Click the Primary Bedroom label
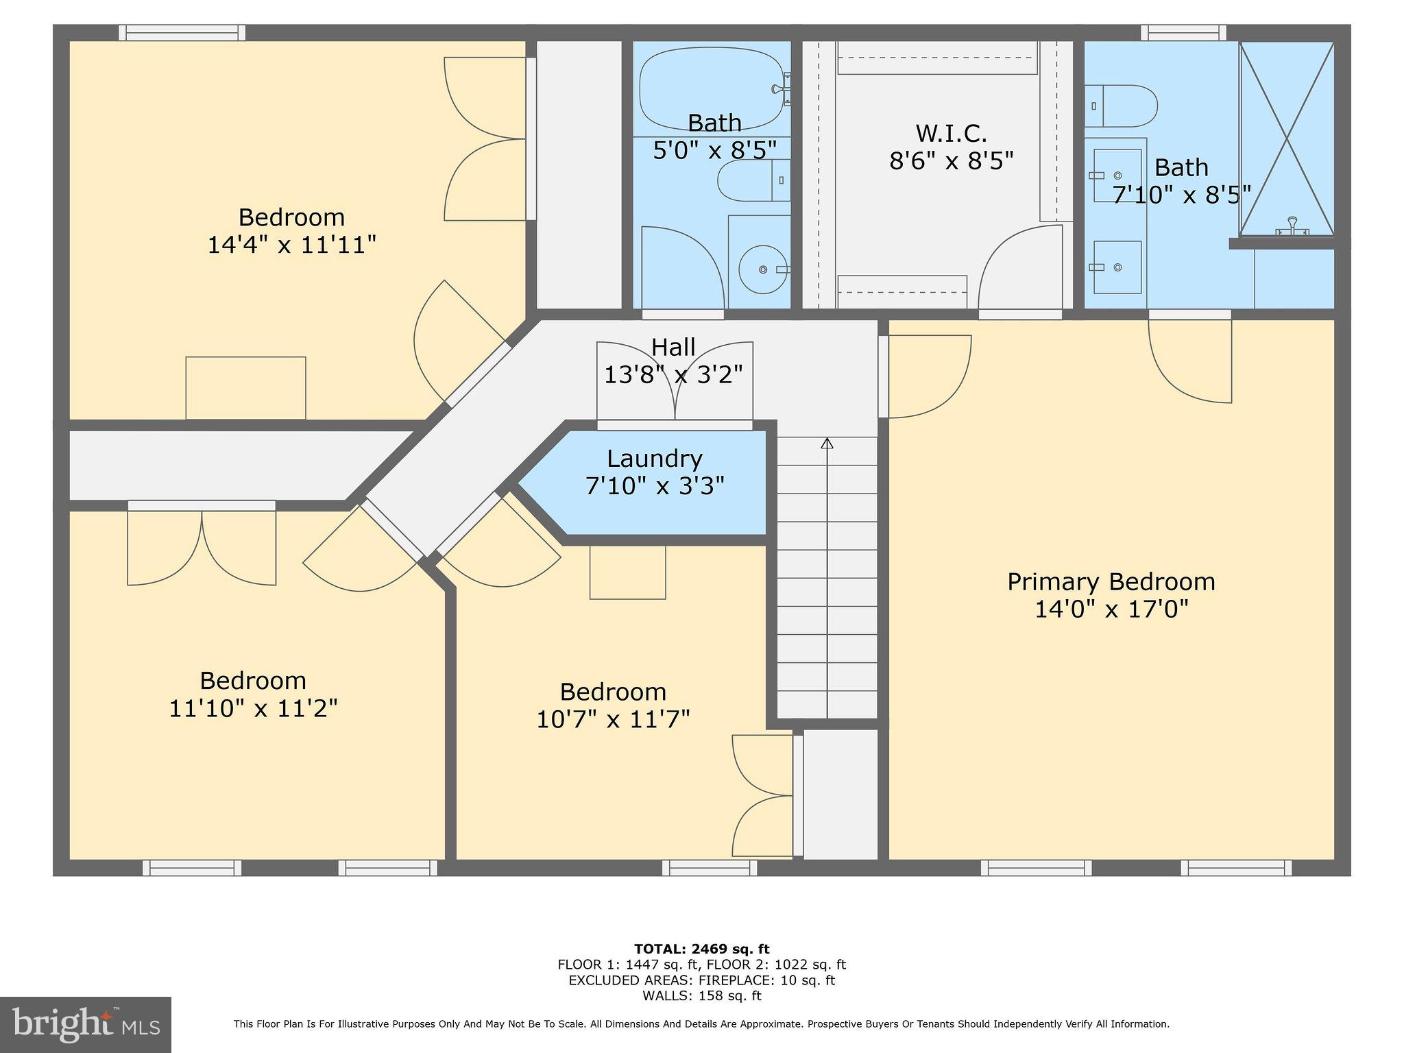[x=1111, y=582]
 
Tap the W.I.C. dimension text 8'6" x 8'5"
[x=951, y=161]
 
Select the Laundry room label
[x=654, y=459]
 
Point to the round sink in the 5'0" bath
[x=762, y=269]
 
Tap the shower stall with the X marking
[x=1287, y=139]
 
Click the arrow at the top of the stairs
[x=827, y=444]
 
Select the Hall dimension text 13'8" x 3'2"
[x=673, y=375]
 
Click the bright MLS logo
[x=86, y=1024]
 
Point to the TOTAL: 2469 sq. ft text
[x=701, y=949]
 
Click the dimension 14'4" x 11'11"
[x=292, y=245]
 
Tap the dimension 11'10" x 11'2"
[x=253, y=708]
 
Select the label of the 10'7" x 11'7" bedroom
[x=612, y=692]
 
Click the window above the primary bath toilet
[x=1183, y=32]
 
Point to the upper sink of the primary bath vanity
[x=1116, y=175]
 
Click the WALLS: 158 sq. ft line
[x=701, y=996]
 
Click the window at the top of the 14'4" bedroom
[x=182, y=32]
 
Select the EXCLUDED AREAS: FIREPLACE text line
[x=701, y=980]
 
